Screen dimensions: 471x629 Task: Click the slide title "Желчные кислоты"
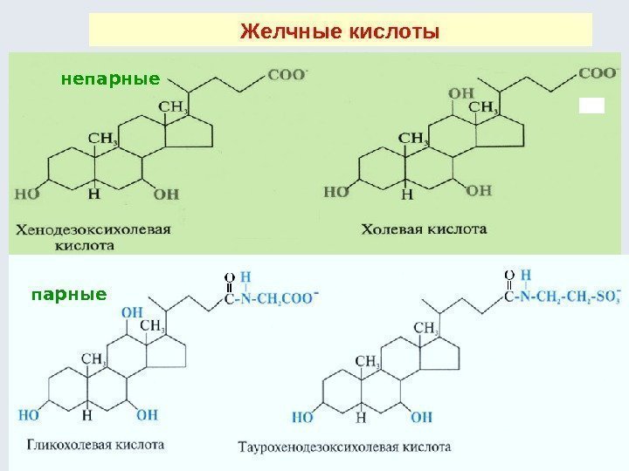coord(339,32)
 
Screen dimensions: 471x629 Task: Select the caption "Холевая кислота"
coord(424,229)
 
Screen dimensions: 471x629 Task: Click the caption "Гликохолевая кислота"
coord(94,443)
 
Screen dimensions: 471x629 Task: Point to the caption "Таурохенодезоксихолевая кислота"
coord(344,447)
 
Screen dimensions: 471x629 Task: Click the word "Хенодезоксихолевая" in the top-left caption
coord(92,230)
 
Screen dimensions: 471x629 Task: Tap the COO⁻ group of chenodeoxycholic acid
coord(287,75)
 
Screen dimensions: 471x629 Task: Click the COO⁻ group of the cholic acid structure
coord(597,72)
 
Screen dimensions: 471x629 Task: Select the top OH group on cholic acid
coord(460,93)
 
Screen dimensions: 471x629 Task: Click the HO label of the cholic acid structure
coord(336,190)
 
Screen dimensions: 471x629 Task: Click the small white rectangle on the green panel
coord(591,106)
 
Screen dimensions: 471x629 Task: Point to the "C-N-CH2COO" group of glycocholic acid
coord(271,298)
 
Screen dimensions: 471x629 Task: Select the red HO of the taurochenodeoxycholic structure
coord(304,417)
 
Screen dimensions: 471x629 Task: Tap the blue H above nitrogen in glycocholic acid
coord(246,278)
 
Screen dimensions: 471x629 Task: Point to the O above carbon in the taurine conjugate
coord(508,276)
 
